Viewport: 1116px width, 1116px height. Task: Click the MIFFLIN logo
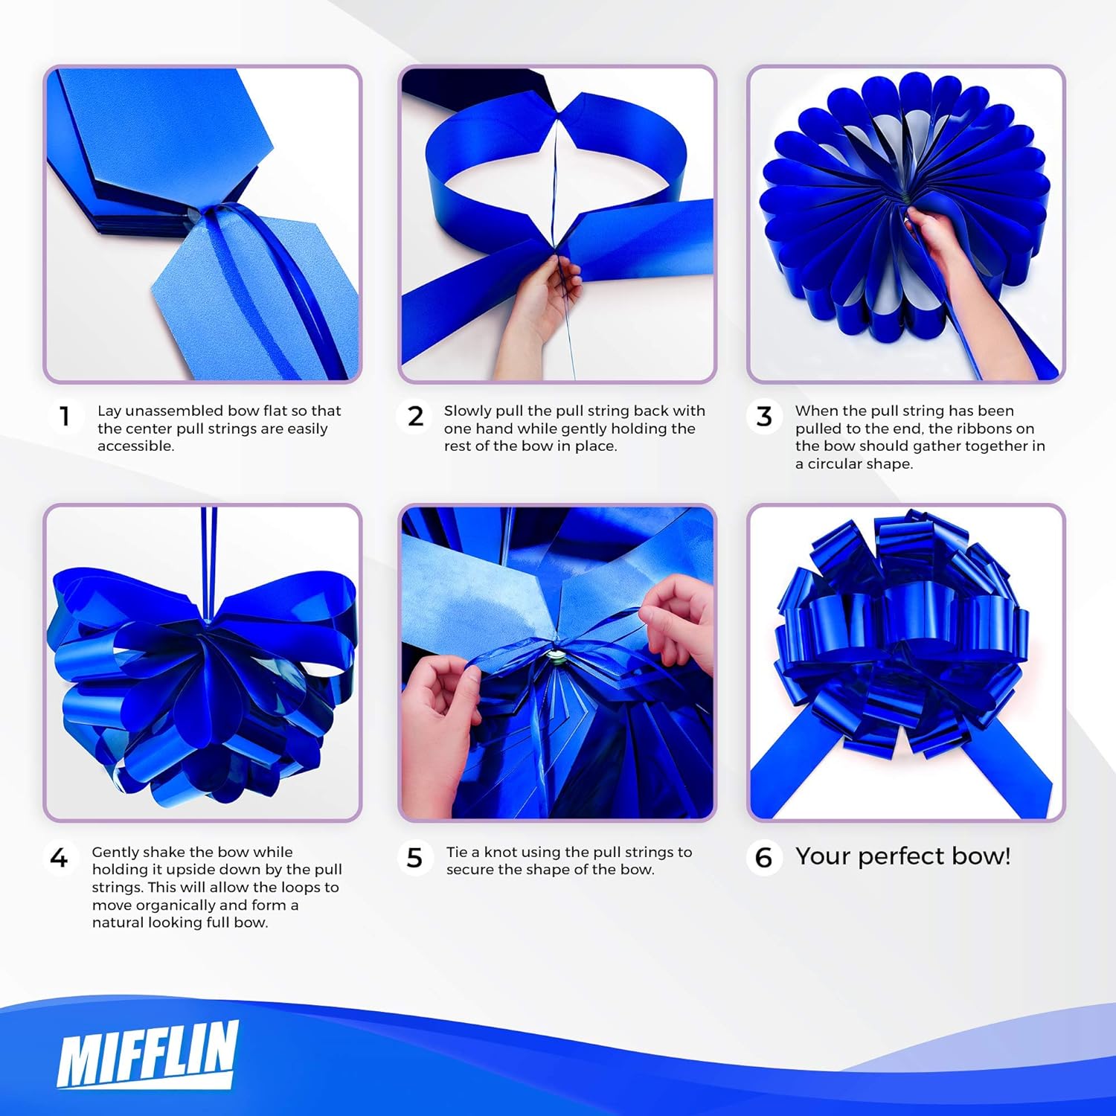click(x=147, y=1054)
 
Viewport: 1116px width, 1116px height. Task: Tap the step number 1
click(x=65, y=416)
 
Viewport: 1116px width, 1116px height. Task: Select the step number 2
click(x=415, y=416)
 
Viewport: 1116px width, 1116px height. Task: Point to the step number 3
click(x=764, y=416)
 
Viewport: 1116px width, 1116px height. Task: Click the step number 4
click(x=59, y=858)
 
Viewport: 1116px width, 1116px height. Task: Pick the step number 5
click(x=415, y=858)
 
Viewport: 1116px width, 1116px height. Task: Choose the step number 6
click(x=764, y=858)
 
